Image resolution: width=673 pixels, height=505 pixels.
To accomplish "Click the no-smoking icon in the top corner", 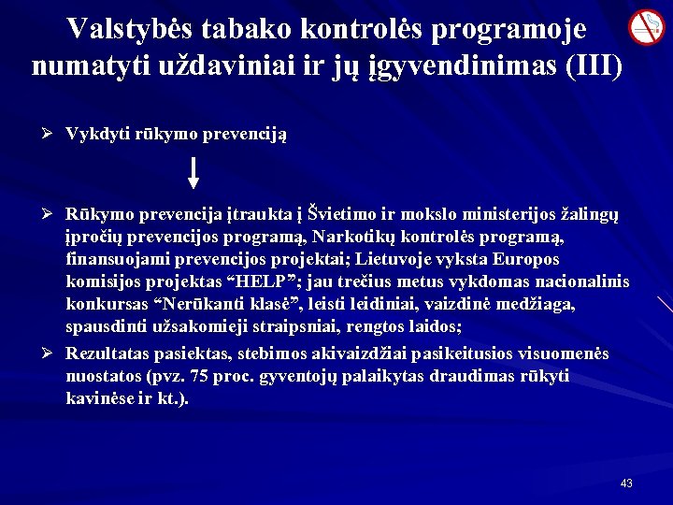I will [x=646, y=27].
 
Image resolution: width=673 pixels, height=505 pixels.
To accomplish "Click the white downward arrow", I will [x=193, y=173].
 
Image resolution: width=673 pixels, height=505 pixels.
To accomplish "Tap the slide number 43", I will [x=626, y=483].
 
